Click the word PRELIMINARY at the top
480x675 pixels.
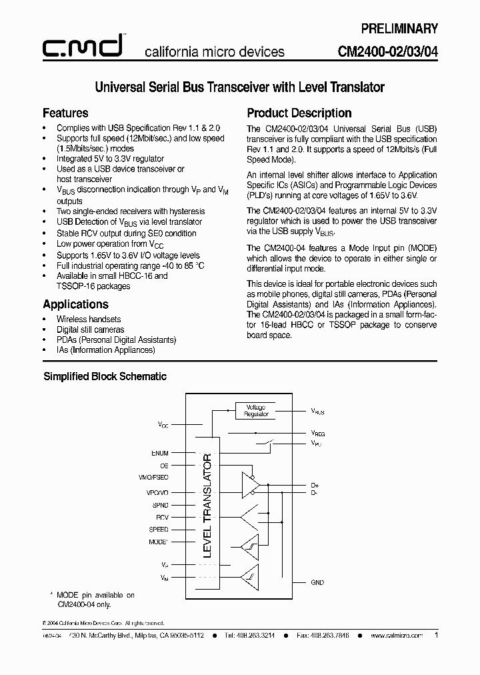coord(399,29)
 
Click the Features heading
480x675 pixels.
coord(65,113)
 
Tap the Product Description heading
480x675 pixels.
coord(299,113)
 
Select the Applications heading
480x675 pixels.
coord(75,304)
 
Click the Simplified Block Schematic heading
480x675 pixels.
coord(105,376)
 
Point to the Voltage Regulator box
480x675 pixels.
coord(256,410)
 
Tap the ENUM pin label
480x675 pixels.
coord(160,453)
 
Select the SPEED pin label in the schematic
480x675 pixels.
coord(159,529)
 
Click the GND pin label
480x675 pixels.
coord(317,582)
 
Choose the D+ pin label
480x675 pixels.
coord(315,486)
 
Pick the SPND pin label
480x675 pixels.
coord(160,504)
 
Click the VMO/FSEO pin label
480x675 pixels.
coord(154,478)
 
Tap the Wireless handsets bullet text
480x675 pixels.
coord(89,319)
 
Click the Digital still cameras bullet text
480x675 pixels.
coord(90,329)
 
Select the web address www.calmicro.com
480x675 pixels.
coord(397,636)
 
